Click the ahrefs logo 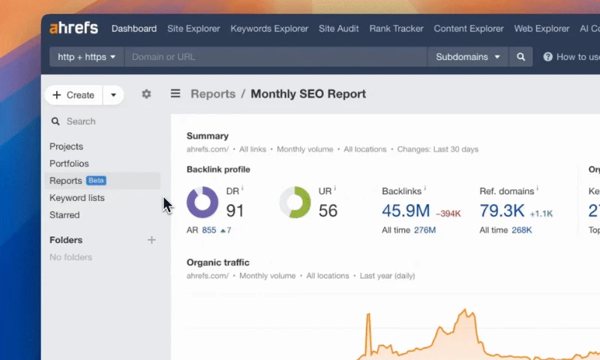pyautogui.click(x=73, y=28)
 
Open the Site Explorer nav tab pyautogui.click(x=193, y=28)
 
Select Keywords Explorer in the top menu pyautogui.click(x=269, y=28)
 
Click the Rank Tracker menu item pyautogui.click(x=396, y=28)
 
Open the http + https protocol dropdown pyautogui.click(x=87, y=56)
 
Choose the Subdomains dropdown pyautogui.click(x=467, y=56)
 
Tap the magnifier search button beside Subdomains pyautogui.click(x=520, y=56)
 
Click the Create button pyautogui.click(x=73, y=95)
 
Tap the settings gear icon pyautogui.click(x=146, y=94)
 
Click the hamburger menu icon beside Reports pyautogui.click(x=175, y=94)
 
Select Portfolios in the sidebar pyautogui.click(x=69, y=163)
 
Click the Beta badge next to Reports pyautogui.click(x=96, y=181)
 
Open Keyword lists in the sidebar pyautogui.click(x=77, y=198)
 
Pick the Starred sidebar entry pyautogui.click(x=64, y=215)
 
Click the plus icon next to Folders pyautogui.click(x=151, y=240)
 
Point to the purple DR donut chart pyautogui.click(x=202, y=202)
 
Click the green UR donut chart pyautogui.click(x=295, y=202)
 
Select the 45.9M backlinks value pyautogui.click(x=406, y=211)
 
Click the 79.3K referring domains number pyautogui.click(x=502, y=211)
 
